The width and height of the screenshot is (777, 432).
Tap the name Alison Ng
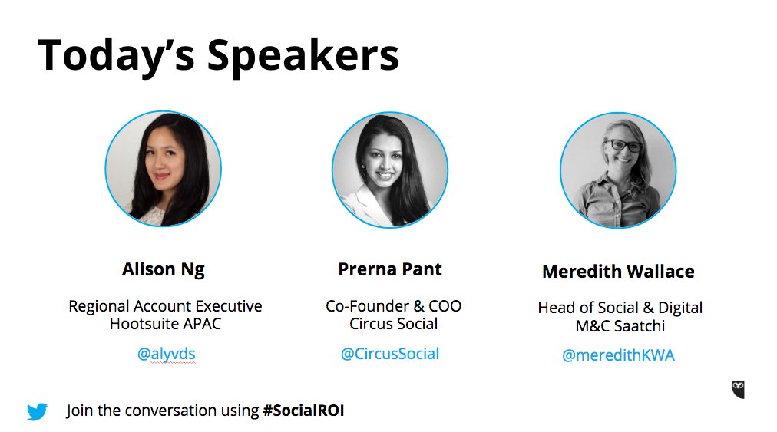[163, 269]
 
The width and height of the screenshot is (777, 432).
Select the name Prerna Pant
[390, 269]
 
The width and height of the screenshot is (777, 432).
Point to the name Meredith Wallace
[618, 272]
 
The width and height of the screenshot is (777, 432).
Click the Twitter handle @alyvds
[166, 354]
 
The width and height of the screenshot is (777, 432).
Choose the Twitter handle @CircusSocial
[390, 354]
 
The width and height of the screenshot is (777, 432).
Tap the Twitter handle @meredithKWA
[618, 356]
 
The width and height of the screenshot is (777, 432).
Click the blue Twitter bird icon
[37, 411]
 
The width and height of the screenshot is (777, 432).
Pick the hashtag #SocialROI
[303, 411]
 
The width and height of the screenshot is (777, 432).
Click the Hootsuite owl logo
[738, 389]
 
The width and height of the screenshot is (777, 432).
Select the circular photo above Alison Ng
[163, 169]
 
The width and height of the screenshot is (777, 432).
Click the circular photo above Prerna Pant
[390, 169]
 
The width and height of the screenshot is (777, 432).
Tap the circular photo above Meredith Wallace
[618, 170]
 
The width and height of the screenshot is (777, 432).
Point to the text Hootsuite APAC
[165, 324]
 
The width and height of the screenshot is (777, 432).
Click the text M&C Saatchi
[620, 326]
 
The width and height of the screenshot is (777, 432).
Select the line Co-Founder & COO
[394, 306]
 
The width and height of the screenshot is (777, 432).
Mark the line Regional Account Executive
[165, 306]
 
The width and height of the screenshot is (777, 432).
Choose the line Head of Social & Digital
[620, 308]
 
